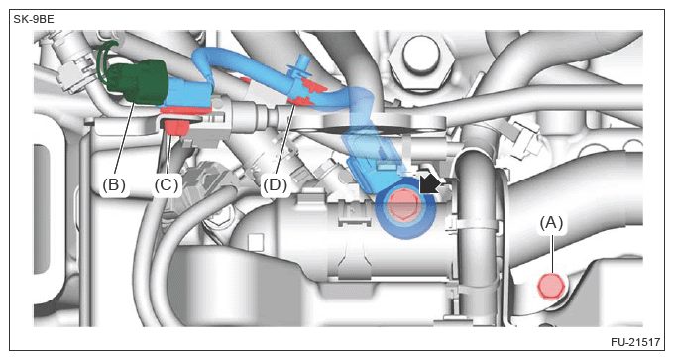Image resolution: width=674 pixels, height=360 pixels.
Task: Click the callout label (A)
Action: click(551, 223)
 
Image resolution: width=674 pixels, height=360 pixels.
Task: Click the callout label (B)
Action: click(114, 184)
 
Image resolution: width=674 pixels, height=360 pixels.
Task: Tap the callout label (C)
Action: click(167, 184)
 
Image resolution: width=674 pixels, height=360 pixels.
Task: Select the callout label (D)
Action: click(276, 184)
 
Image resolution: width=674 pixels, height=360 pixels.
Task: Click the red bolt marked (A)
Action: click(551, 286)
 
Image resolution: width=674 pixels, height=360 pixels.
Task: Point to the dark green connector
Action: click(136, 81)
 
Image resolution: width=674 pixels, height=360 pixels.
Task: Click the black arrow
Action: click(430, 184)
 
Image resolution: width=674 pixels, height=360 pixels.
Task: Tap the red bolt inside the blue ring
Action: click(403, 206)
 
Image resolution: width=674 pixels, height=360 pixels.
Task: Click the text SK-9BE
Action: click(34, 20)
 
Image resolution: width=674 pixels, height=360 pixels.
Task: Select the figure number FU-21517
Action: click(635, 342)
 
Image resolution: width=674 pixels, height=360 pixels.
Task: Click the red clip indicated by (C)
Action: click(175, 127)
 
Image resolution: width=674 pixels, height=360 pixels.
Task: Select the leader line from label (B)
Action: click(125, 141)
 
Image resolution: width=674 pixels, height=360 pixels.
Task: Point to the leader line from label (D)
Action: click(285, 141)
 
